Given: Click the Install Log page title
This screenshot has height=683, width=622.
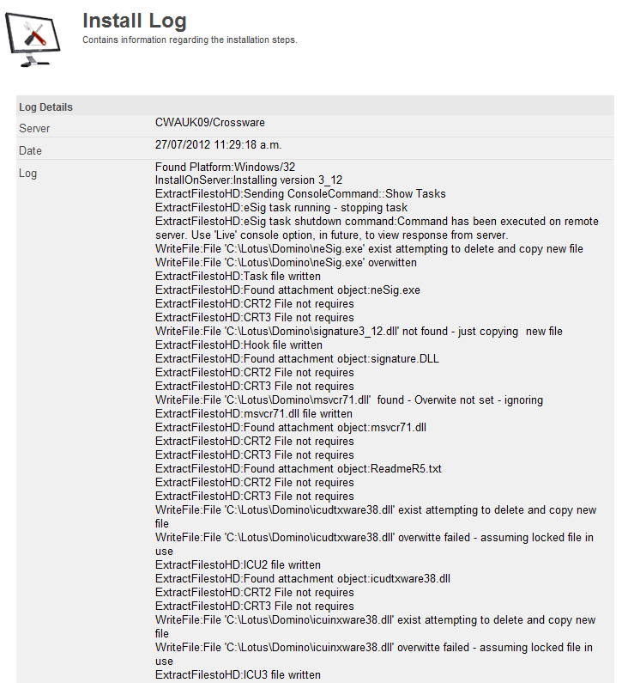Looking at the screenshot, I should coord(135,21).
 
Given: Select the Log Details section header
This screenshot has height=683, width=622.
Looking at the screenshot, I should coord(45,107).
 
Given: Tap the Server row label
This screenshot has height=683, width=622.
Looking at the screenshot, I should coord(34,129).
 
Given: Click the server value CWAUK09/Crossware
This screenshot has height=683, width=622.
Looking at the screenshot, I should coord(210,123).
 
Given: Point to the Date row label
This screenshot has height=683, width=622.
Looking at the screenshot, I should coord(30,151).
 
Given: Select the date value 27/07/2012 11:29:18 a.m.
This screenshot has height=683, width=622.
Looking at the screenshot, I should coord(218,145).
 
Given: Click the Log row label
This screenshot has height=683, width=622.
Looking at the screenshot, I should coord(27,174).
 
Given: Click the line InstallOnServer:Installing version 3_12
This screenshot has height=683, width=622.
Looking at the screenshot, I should coord(249,180).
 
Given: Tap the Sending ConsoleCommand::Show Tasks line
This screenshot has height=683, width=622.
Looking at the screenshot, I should coord(300,194).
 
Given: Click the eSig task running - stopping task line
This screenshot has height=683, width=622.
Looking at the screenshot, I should coord(281,208).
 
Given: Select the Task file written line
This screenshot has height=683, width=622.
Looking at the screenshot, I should coord(238,277).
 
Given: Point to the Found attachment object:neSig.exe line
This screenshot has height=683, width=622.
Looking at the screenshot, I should coord(287,290).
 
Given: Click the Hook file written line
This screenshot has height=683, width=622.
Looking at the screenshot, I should coord(239,345).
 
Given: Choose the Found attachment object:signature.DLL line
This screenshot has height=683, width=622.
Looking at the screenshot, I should coord(297,359).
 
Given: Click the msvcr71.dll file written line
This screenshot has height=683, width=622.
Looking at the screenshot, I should coord(253,414).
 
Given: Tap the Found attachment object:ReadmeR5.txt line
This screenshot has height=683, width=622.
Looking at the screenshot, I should coord(298,469).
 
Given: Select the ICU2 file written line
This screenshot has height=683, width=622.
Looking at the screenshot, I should coord(238,565).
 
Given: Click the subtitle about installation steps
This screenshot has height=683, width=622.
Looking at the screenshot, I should coord(190,40).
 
